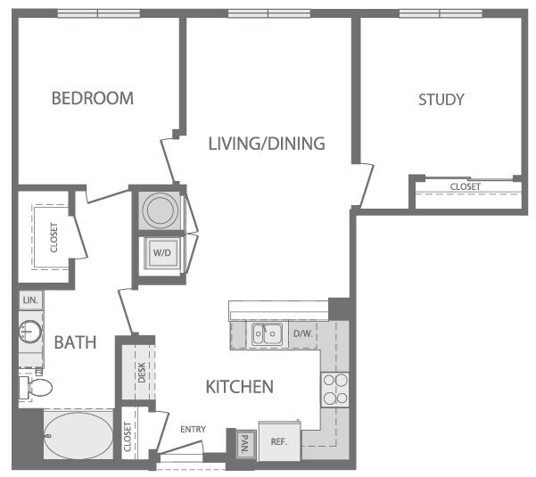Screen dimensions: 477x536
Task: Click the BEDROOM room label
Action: coord(92,98)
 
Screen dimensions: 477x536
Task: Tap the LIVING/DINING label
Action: coord(266,143)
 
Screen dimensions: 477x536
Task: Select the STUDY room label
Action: coord(441,99)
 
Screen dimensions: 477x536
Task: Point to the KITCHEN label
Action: coord(239,387)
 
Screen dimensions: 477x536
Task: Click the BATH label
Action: coord(70,342)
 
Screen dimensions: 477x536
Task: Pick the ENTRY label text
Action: coord(193,430)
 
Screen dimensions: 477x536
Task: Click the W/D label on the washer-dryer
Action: coord(161,251)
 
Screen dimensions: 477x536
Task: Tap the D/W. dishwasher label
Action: coord(302,334)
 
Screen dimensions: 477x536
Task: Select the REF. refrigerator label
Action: coord(280,440)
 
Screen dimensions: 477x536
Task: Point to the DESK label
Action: coord(141,373)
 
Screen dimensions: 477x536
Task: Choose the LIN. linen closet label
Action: coord(29,300)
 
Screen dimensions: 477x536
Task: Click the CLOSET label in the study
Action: coord(465,187)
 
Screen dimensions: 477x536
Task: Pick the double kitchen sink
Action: coord(268,334)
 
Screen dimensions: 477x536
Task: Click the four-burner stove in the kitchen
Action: coord(334,389)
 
